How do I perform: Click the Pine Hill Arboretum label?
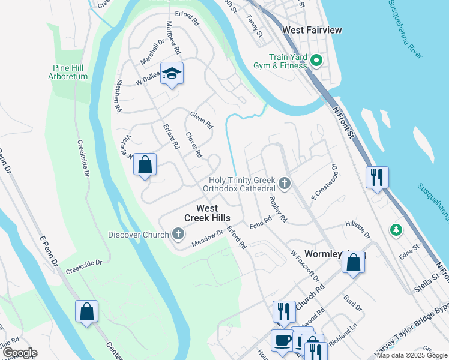click(x=69, y=72)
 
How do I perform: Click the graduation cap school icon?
click(x=172, y=74)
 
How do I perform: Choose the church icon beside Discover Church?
click(x=178, y=234)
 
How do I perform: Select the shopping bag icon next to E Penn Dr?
click(x=86, y=311)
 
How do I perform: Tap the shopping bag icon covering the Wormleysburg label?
click(x=354, y=262)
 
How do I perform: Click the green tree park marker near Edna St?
click(x=395, y=230)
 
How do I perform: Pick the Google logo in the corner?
click(x=19, y=353)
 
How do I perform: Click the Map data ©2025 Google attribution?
click(x=412, y=355)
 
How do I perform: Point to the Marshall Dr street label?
click(x=152, y=52)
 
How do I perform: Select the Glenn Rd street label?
click(x=202, y=120)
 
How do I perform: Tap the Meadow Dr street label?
click(x=208, y=238)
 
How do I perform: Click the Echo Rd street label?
click(x=261, y=223)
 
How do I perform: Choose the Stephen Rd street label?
click(x=119, y=95)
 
